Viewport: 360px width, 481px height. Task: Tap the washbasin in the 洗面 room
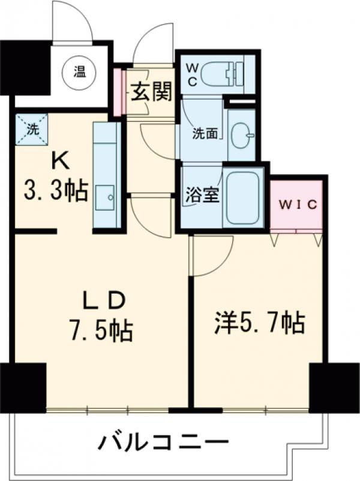tap(242, 135)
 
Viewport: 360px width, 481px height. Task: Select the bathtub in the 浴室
tap(243, 198)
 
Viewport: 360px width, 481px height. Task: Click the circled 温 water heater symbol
tap(79, 73)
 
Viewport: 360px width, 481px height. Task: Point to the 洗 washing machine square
tap(32, 129)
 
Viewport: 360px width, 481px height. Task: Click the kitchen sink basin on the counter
tap(105, 197)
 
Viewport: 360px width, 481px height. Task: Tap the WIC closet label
tap(298, 205)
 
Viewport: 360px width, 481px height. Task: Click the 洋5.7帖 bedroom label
tap(260, 322)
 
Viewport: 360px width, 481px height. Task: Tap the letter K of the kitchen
tap(60, 162)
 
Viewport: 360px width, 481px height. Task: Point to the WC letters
tap(192, 74)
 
